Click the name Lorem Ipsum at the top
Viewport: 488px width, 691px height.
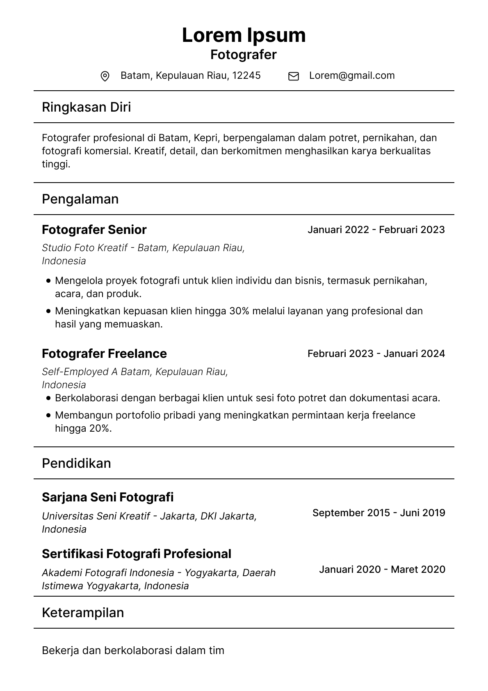pyautogui.click(x=244, y=35)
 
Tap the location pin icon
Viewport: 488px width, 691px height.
pyautogui.click(x=105, y=76)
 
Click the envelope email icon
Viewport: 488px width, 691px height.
pyautogui.click(x=294, y=76)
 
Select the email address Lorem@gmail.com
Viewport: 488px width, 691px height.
pyautogui.click(x=352, y=76)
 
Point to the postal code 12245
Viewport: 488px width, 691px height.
pyautogui.click(x=246, y=76)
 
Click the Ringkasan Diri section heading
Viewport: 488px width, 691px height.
pyautogui.click(x=87, y=107)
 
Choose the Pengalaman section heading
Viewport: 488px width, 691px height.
pyautogui.click(x=80, y=199)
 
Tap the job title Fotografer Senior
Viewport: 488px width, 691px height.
pyautogui.click(x=94, y=230)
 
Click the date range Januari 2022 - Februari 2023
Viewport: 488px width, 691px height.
pyautogui.click(x=376, y=230)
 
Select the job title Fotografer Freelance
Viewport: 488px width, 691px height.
pyautogui.click(x=104, y=354)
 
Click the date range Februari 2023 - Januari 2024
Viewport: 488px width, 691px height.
pyautogui.click(x=376, y=354)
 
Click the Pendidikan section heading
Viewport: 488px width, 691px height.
pyautogui.click(x=77, y=463)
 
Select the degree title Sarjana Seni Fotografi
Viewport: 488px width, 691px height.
pyautogui.click(x=108, y=497)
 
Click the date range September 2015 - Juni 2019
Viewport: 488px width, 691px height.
pyautogui.click(x=379, y=513)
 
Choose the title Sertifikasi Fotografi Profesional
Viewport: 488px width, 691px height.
pyautogui.click(x=137, y=554)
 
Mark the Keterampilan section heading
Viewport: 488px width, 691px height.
pyautogui.click(x=83, y=613)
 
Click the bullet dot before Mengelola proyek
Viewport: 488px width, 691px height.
pyautogui.click(x=49, y=281)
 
